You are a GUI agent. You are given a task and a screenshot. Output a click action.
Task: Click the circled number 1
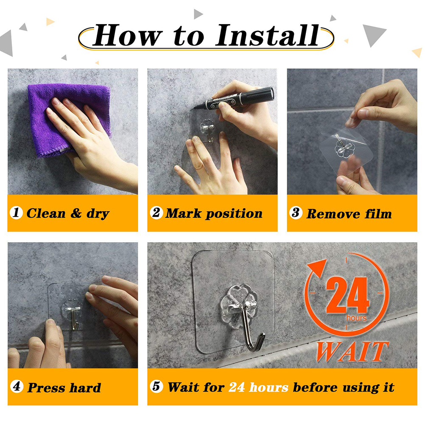(x=16, y=212)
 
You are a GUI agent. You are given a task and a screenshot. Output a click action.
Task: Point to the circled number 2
(x=157, y=212)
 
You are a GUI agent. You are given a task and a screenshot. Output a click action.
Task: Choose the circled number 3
(x=296, y=213)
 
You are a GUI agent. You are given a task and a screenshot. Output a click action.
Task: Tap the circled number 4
(x=17, y=386)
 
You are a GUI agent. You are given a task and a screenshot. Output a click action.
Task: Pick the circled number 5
(x=157, y=386)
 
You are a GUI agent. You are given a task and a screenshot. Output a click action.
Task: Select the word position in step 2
(x=234, y=214)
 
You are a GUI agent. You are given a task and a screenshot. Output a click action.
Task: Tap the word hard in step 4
(x=85, y=387)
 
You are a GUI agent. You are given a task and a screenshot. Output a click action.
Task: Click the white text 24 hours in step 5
(x=258, y=387)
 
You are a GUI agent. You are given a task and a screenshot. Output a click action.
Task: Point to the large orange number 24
(x=348, y=295)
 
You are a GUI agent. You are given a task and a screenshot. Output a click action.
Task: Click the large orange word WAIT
(x=352, y=352)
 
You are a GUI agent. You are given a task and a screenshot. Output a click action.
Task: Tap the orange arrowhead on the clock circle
(x=318, y=267)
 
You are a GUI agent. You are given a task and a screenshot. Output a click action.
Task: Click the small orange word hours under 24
(x=356, y=318)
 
